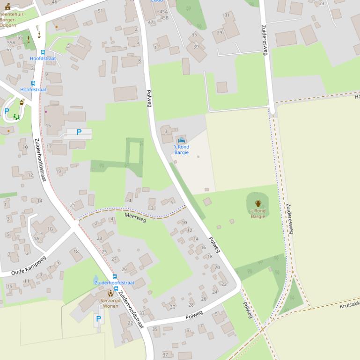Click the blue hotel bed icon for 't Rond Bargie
[181, 140]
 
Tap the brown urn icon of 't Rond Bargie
[258, 203]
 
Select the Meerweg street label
[135, 217]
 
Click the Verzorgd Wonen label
[110, 303]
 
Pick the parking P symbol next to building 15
[79, 132]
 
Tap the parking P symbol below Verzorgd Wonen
[98, 319]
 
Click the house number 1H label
[39, 233]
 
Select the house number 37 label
[165, 355]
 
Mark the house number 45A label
[163, 12]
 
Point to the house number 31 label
[227, 15]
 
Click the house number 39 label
[196, 47]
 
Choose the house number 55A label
[11, 43]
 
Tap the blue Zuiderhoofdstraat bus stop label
[114, 283]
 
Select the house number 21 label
[73, 205]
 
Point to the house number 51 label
[100, 11]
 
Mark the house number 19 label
[59, 171]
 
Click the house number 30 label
[172, 307]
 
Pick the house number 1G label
[50, 229]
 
